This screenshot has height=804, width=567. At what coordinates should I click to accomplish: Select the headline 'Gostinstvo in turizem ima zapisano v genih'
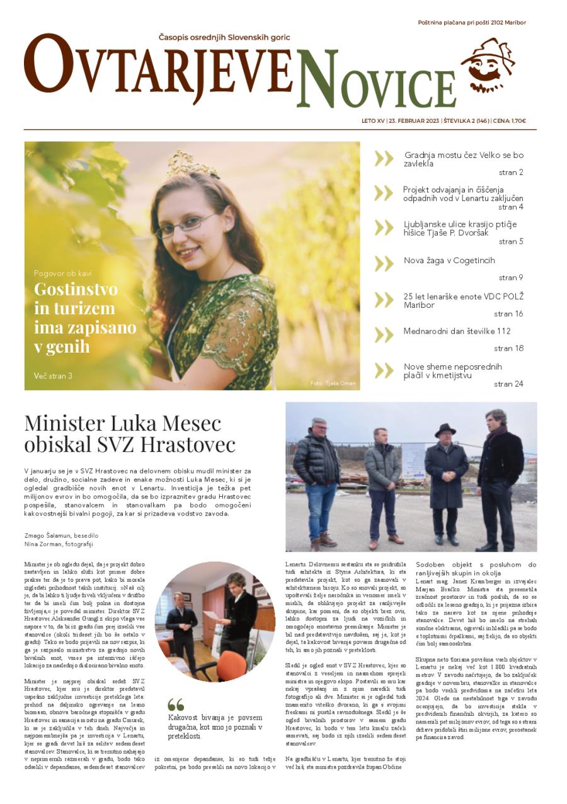[x=84, y=318]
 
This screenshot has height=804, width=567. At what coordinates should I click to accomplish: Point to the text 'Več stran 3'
[x=53, y=376]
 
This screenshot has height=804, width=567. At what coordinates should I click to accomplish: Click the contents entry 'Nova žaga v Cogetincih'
[x=449, y=261]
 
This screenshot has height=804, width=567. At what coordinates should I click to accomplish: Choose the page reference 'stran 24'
[x=508, y=383]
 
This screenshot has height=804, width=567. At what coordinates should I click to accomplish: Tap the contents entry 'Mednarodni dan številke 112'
[x=457, y=331]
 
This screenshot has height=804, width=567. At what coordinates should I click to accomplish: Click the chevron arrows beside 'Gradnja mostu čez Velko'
[x=384, y=158]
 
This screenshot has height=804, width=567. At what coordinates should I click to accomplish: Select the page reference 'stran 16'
[x=508, y=314]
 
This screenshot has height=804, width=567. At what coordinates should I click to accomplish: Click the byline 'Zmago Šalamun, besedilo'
[x=61, y=535]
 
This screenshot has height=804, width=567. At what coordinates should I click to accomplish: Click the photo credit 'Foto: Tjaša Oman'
[x=333, y=383]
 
